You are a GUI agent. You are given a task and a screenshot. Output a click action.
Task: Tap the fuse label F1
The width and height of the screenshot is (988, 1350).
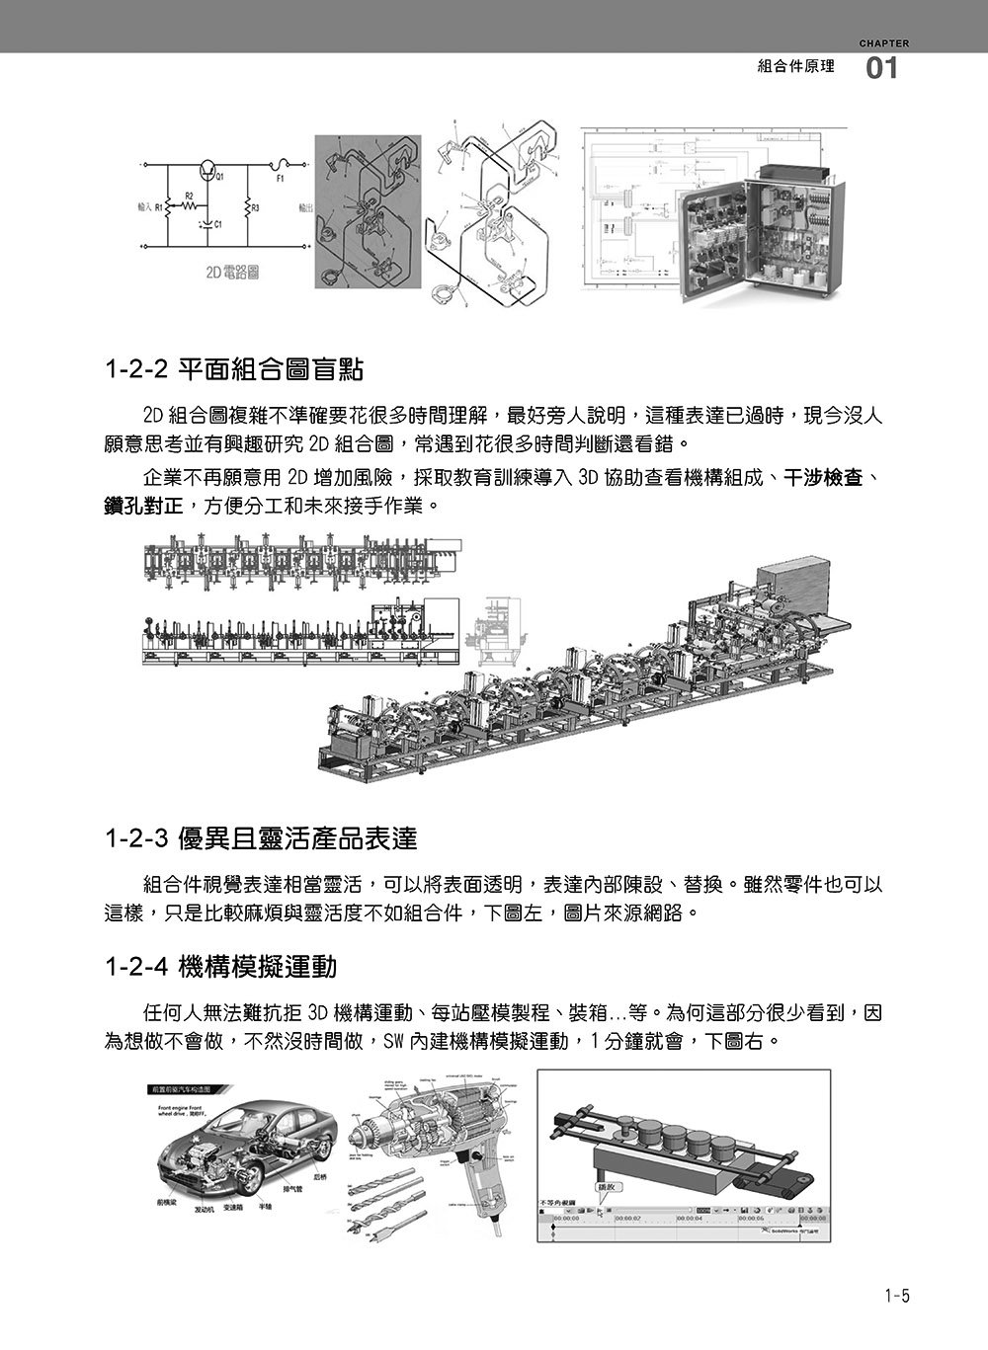280,179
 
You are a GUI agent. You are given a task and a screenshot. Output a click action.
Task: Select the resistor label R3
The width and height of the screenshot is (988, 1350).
256,208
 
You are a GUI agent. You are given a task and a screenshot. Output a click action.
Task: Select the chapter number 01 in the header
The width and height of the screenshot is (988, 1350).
881,69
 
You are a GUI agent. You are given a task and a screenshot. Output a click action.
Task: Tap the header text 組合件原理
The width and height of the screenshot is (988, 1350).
795,67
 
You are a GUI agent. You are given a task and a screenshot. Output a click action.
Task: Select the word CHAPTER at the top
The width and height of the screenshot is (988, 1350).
883,43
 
